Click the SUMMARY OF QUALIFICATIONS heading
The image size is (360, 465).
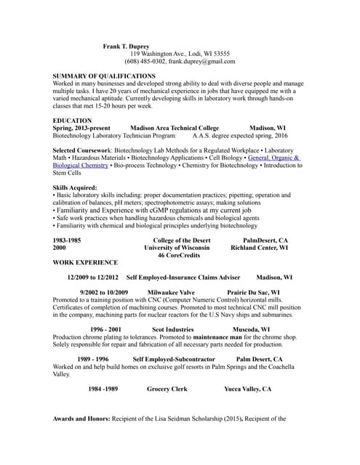click(x=104, y=76)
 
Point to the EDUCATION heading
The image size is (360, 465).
click(x=73, y=121)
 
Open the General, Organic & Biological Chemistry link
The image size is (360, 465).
click(x=273, y=158)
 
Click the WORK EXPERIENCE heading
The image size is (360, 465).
click(x=85, y=262)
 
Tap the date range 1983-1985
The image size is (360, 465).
click(x=67, y=240)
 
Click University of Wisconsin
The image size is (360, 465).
click(x=177, y=247)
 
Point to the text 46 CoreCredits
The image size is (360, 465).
click(x=180, y=255)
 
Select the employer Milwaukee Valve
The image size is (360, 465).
click(x=176, y=292)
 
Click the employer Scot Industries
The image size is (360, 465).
click(x=172, y=329)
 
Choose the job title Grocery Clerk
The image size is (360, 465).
click(x=167, y=389)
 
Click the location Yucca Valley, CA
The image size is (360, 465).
click(x=247, y=389)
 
